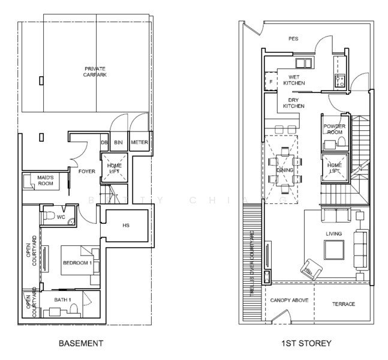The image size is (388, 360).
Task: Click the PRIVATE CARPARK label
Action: [x=95, y=72]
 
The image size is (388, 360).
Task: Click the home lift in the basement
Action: [x=114, y=168]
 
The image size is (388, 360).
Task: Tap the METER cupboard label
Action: [x=139, y=142]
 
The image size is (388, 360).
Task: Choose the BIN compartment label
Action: [x=118, y=142]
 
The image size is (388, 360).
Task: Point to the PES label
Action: [x=293, y=39]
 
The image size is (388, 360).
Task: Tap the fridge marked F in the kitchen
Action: [x=270, y=80]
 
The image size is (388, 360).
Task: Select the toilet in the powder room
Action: [x=341, y=142]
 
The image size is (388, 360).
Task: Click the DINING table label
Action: [x=284, y=170]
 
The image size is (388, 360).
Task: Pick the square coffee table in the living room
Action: [x=332, y=248]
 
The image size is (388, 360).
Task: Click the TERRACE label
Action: [x=344, y=304]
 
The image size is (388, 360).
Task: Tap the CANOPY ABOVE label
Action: [x=289, y=299]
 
